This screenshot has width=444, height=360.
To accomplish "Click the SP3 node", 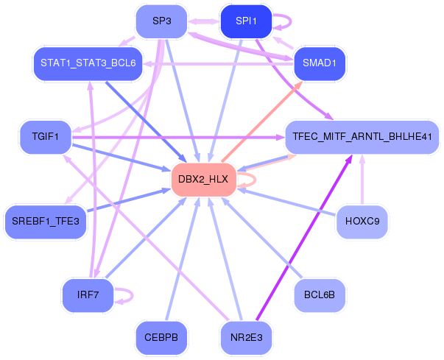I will click(x=162, y=21).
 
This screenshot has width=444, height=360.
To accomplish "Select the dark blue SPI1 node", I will click(x=246, y=21).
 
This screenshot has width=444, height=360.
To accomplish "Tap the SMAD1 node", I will click(x=319, y=63).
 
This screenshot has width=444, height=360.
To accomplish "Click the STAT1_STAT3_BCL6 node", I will click(x=88, y=63).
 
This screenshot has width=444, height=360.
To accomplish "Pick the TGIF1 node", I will click(x=45, y=137).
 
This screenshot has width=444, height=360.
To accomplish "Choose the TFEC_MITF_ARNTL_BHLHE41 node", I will click(x=362, y=137).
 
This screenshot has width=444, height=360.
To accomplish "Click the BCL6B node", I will click(x=319, y=294).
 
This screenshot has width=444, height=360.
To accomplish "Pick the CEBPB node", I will click(x=161, y=337).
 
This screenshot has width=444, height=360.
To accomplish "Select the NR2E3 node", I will click(x=246, y=337).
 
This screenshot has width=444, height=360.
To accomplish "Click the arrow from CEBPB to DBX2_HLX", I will click(x=180, y=265).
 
